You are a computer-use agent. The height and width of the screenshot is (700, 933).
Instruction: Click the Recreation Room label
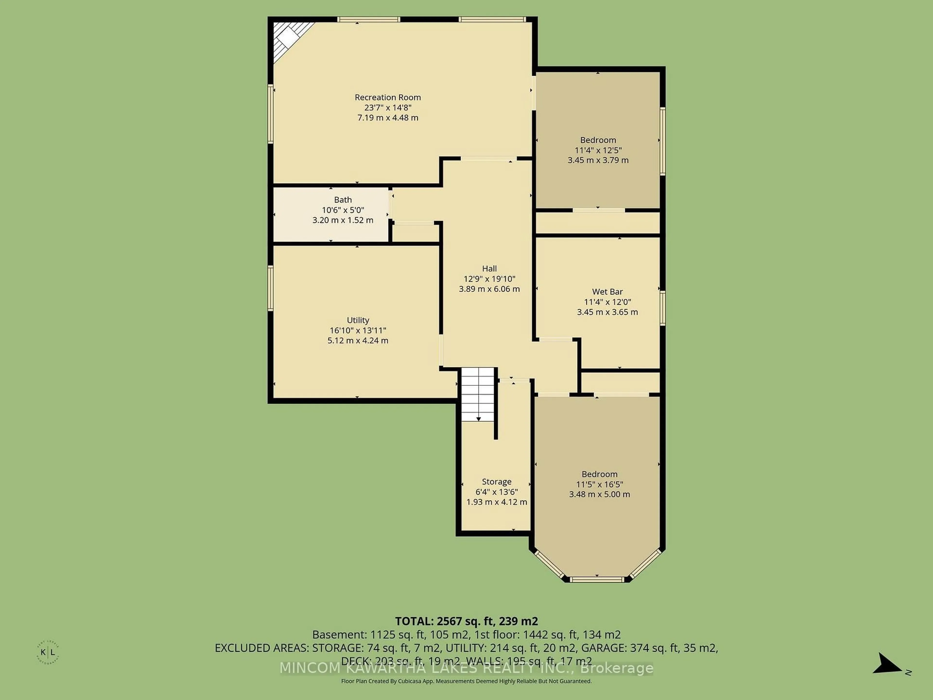[388, 97]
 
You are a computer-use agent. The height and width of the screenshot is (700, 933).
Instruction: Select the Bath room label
[343, 200]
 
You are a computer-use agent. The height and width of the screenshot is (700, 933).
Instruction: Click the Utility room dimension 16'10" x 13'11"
[358, 330]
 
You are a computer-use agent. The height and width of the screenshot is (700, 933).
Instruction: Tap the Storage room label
[496, 482]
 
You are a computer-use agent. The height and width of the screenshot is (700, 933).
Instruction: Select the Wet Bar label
[607, 292]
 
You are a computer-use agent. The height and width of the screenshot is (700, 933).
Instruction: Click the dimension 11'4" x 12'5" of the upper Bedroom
[598, 150]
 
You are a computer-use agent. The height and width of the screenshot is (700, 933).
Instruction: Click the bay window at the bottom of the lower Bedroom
[597, 579]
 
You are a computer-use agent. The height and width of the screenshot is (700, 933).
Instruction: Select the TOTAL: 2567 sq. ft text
[466, 621]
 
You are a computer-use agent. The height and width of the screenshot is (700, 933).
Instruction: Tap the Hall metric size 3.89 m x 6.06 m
[489, 289]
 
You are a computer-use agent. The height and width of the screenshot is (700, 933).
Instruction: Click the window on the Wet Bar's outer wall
[662, 308]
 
